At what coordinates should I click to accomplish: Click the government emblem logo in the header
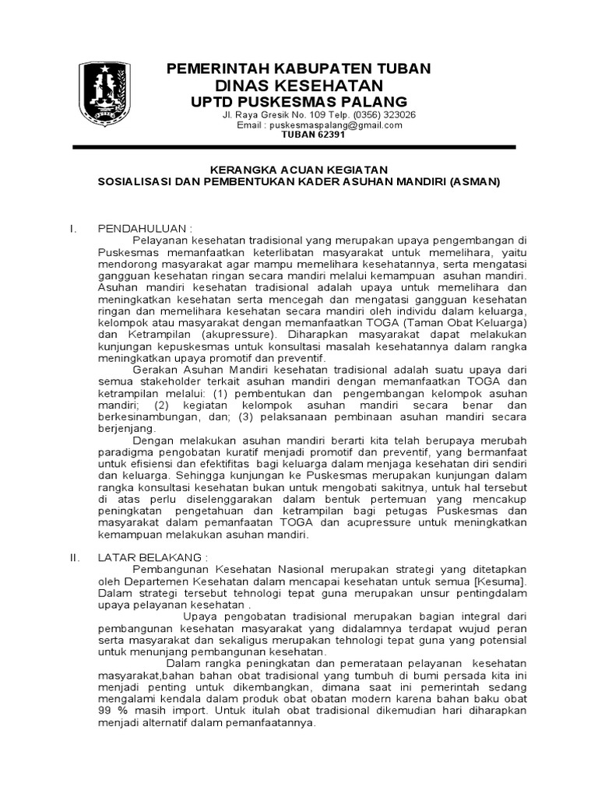pyautogui.click(x=107, y=95)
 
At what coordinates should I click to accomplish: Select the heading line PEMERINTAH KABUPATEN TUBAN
pyautogui.click(x=299, y=69)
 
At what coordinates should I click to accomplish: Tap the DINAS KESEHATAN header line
pyautogui.click(x=299, y=86)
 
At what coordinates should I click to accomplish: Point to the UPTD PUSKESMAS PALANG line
pyautogui.click(x=299, y=102)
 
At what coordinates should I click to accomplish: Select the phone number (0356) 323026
pyautogui.click(x=379, y=114)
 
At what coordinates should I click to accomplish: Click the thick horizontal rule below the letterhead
pyautogui.click(x=294, y=146)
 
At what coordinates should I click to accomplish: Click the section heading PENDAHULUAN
pyautogui.click(x=144, y=228)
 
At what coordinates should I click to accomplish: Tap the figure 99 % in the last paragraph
pyautogui.click(x=112, y=711)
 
